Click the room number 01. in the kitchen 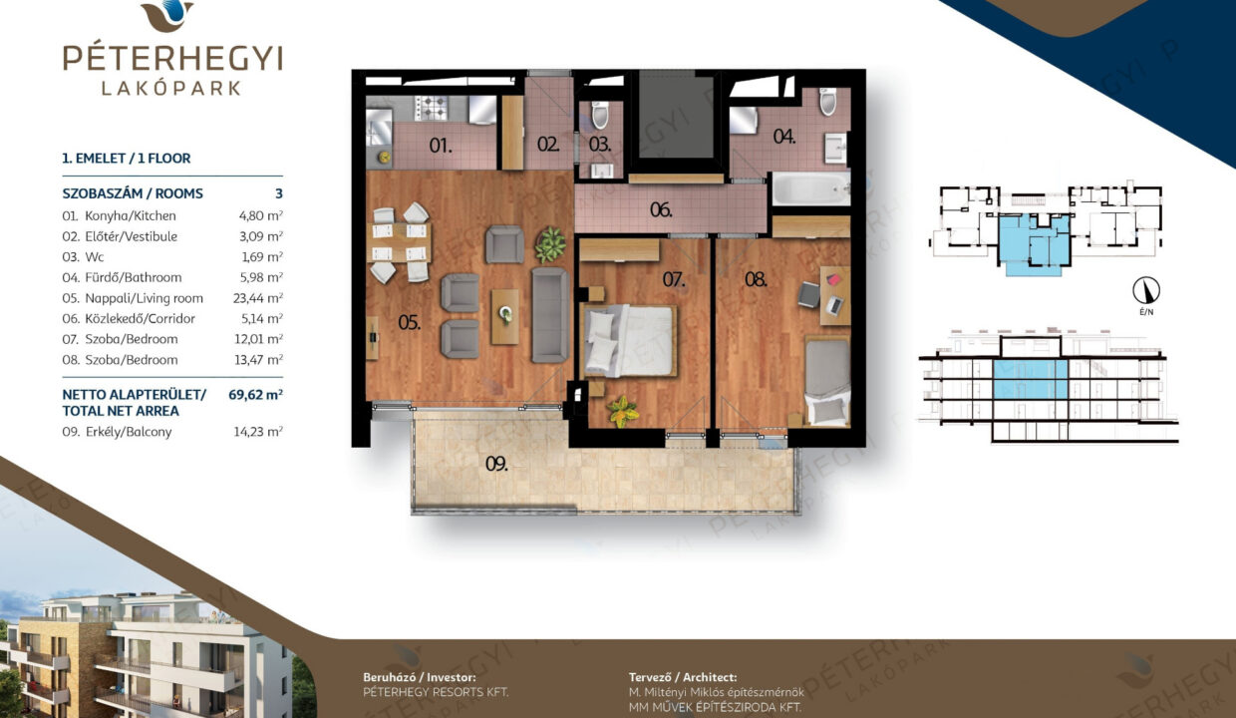coord(441,146)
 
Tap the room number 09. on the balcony coord(496,464)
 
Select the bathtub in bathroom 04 coord(810,188)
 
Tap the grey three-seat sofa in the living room coord(549,314)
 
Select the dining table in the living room coord(401,242)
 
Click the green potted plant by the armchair coord(550,244)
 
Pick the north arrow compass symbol coord(1146,290)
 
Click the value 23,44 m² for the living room coord(258,298)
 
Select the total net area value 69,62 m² coord(255,395)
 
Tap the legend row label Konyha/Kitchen coord(131,215)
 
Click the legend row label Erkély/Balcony coord(129,432)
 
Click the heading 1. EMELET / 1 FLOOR coord(127,159)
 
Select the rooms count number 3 coord(279,193)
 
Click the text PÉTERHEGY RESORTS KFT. coord(436,692)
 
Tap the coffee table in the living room coord(505,317)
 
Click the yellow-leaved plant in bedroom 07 coord(622,411)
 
